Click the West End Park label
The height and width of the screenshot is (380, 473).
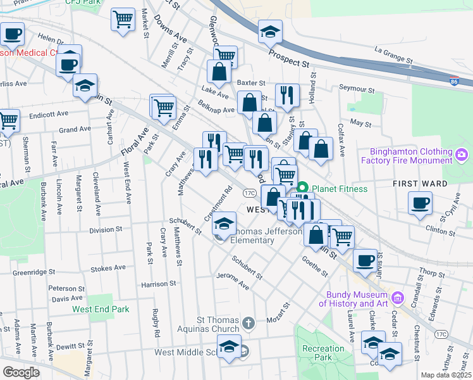[x=101, y=309]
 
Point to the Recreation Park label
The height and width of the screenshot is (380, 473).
[x=323, y=353]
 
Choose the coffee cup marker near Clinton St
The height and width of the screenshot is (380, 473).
[x=420, y=204]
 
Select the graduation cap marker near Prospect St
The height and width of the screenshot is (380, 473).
[x=270, y=31]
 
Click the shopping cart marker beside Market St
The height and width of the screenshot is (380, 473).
[x=123, y=19]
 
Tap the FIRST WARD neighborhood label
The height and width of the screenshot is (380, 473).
[x=421, y=184]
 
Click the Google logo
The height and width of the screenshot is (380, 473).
[x=20, y=372]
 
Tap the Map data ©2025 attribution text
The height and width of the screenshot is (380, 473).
[x=446, y=375]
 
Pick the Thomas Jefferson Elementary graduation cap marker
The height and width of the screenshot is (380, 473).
[x=224, y=223]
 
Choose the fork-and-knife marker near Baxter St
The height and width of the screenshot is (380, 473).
[x=288, y=95]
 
